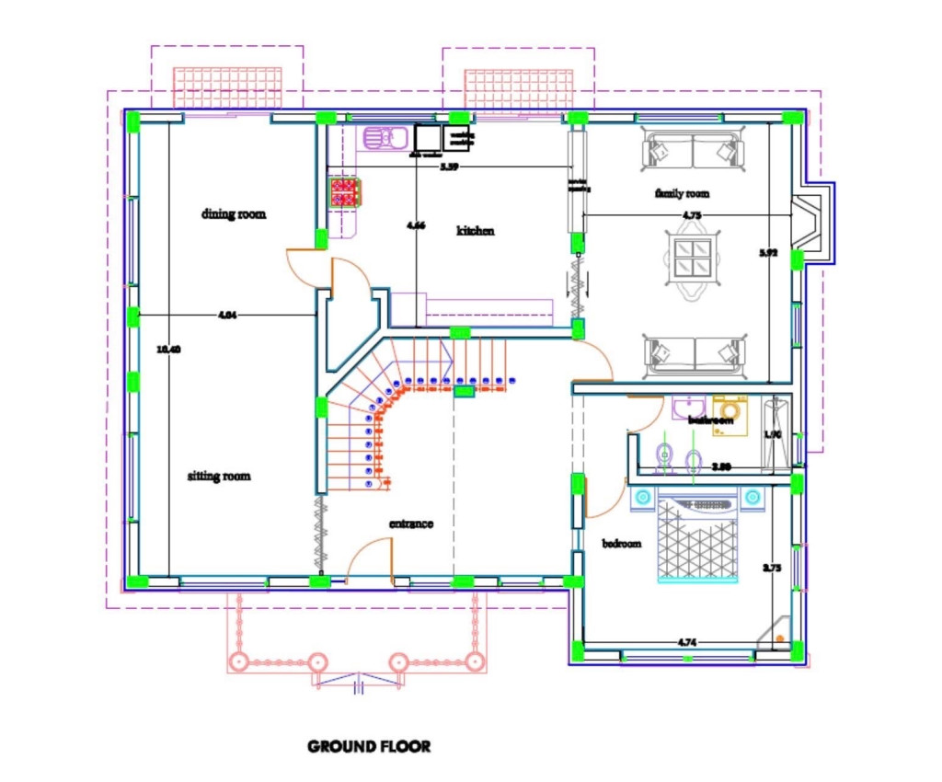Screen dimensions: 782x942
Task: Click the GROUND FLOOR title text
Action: tap(368, 746)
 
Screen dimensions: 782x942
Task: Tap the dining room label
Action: tap(234, 214)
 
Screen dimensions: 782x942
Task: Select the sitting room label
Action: tap(219, 477)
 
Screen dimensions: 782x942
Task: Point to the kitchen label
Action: tap(476, 231)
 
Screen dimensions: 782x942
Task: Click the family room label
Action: tap(682, 194)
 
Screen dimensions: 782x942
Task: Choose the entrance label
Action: tap(411, 523)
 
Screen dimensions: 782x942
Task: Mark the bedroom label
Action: tap(621, 544)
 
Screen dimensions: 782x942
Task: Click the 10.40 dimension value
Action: tap(168, 350)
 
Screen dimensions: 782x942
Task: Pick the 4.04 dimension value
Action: tap(227, 316)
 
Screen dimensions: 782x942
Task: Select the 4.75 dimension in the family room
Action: tap(692, 215)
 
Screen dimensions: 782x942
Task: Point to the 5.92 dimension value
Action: tap(769, 252)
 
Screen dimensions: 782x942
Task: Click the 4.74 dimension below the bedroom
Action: tap(684, 642)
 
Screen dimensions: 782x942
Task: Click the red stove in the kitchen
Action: tap(345, 191)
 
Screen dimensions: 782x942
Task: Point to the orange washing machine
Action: tap(731, 409)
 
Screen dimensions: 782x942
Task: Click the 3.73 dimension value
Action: tap(772, 569)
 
